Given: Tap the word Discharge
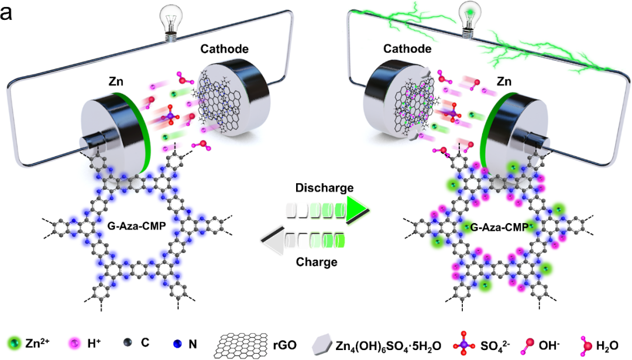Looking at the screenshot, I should (x=324, y=188).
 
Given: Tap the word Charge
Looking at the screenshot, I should (x=317, y=262).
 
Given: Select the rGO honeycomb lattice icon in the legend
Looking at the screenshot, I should (x=246, y=342).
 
